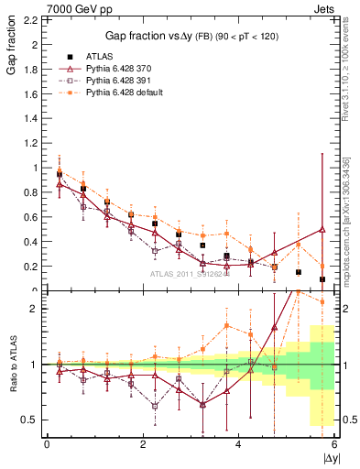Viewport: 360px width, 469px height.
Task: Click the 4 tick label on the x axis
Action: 238,445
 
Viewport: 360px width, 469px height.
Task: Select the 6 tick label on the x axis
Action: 334,445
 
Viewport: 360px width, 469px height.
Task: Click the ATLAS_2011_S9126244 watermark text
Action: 190,273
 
